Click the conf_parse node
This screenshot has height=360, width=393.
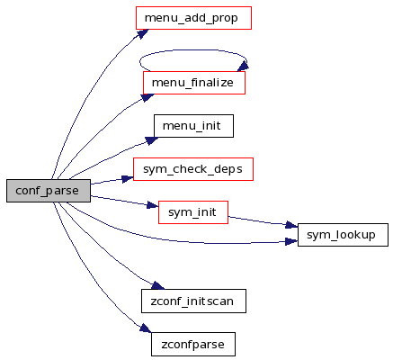coord(49,191)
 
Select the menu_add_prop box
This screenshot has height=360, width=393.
coord(193,18)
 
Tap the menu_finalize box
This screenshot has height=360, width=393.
coord(194,83)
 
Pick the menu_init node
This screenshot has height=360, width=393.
coord(193,126)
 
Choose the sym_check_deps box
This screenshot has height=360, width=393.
coord(193,169)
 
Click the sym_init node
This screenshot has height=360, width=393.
coord(193,212)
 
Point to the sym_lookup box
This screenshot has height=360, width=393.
coord(343,235)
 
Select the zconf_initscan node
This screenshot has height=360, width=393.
coord(193,301)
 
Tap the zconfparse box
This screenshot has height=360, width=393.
coord(193,345)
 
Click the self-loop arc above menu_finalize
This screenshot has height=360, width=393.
coord(193,50)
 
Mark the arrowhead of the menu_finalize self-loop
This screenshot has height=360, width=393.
coord(243,67)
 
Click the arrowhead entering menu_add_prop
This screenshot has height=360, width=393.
coord(143,33)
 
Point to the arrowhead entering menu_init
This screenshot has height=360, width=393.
coord(152,140)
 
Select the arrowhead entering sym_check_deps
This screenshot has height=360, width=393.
coord(128,179)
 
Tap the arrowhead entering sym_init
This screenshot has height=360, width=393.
coord(153,205)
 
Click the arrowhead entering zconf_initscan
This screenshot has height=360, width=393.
coord(157,285)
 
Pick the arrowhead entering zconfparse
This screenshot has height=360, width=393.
coord(146,328)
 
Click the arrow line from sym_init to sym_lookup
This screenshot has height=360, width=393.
coord(263,221)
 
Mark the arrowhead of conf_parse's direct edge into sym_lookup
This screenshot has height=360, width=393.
coord(291,241)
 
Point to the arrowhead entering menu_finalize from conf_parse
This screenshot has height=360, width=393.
coord(147,97)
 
